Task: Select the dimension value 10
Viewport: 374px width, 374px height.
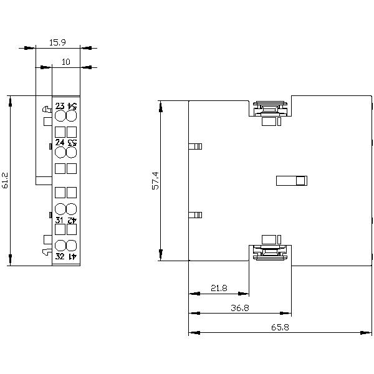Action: [65, 62]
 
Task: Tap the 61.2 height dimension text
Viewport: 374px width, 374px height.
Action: [6, 180]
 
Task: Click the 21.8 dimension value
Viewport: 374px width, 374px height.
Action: [219, 288]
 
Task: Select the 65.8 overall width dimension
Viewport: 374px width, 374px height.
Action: [279, 327]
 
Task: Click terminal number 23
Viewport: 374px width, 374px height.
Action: [60, 105]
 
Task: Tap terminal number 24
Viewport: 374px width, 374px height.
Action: [60, 142]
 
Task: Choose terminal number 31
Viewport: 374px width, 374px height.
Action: [60, 220]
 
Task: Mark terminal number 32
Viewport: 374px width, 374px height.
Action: [60, 256]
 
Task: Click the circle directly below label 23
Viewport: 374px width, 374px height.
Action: [60, 116]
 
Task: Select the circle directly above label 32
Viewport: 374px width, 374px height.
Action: [60, 245]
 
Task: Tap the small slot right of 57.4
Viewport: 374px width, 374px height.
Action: [292, 181]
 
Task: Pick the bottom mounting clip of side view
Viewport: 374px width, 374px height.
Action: [269, 249]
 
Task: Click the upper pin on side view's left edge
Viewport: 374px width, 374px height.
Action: [195, 147]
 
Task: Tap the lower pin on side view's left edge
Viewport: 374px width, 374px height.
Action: [195, 215]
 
